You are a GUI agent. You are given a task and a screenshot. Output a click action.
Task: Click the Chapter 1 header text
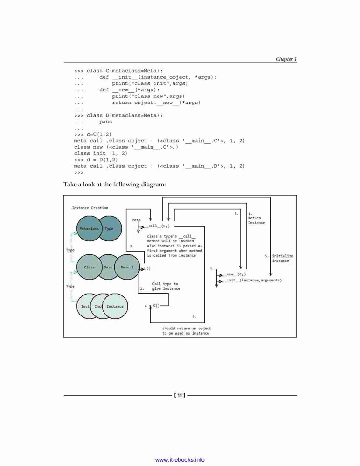(x=286, y=59)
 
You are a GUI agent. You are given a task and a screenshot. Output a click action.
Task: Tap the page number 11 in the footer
(x=180, y=395)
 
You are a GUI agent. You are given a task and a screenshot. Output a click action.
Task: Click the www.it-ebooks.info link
(x=180, y=460)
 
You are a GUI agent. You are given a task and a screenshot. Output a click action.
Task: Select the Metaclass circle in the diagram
(x=89, y=228)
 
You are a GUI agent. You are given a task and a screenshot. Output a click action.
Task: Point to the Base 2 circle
(x=127, y=267)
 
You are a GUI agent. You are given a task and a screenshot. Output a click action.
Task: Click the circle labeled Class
(x=89, y=267)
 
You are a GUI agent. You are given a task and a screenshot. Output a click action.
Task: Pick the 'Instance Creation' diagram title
(x=90, y=208)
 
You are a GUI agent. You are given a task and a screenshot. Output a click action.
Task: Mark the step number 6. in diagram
(x=194, y=316)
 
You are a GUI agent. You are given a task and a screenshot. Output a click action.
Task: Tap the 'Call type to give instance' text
(x=166, y=286)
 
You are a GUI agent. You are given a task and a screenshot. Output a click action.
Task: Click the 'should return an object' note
(x=187, y=329)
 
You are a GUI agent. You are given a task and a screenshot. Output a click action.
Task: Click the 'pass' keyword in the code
(x=105, y=122)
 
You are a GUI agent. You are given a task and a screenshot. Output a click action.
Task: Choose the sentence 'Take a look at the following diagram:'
(x=115, y=184)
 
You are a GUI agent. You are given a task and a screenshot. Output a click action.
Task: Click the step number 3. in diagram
(x=236, y=214)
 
